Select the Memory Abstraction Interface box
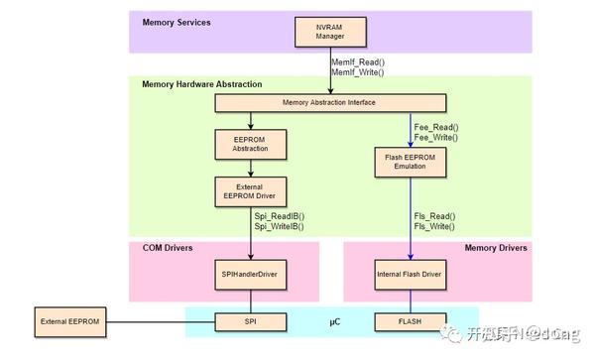click(331, 102)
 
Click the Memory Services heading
click(177, 22)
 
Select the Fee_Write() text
click(435, 139)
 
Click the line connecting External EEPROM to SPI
click(159, 322)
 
